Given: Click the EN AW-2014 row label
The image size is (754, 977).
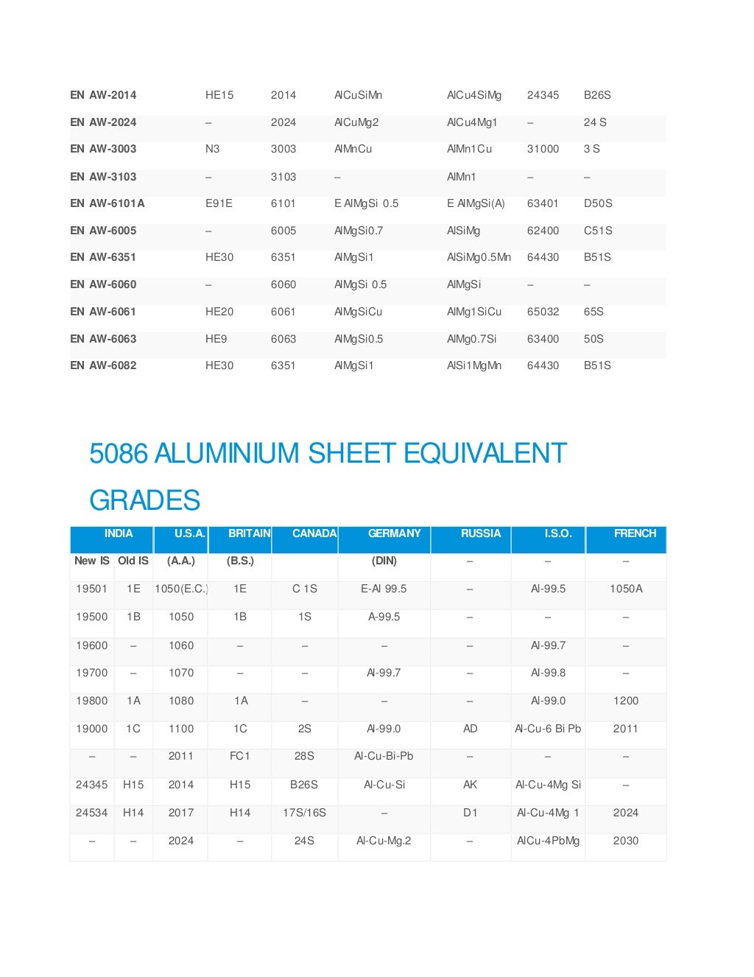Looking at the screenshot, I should point(103,95).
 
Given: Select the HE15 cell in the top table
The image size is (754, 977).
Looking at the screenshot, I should point(219,95).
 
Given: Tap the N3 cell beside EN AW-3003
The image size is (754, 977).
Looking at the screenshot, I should point(212,149).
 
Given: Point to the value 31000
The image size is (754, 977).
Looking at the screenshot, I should point(543,149).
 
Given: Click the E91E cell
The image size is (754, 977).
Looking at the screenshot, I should point(219,203).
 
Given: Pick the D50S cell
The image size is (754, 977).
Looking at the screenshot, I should point(598,203).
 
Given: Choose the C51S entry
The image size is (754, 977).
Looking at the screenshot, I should point(598,231).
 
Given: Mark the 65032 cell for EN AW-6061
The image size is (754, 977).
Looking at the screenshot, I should point(543,312).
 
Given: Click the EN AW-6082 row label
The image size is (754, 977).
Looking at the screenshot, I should point(103,365).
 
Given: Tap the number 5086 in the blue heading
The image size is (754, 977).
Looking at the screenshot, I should point(119,453).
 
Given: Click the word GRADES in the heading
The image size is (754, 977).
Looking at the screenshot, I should point(145,500).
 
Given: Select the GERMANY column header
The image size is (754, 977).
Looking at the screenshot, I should point(394,533).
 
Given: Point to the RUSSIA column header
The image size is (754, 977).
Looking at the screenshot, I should point(481,533).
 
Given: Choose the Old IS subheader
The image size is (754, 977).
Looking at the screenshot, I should point(133,561).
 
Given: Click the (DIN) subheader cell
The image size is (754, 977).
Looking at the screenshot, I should point(384,561).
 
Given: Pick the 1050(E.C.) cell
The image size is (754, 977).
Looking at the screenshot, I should point(181,589).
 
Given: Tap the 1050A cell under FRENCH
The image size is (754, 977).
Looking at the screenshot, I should point(626,589).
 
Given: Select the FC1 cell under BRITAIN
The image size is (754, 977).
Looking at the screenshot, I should point(240,756).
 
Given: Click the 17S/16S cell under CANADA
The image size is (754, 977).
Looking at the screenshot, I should point(304,813).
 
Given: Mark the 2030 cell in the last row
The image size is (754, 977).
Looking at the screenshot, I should point(626,841).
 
